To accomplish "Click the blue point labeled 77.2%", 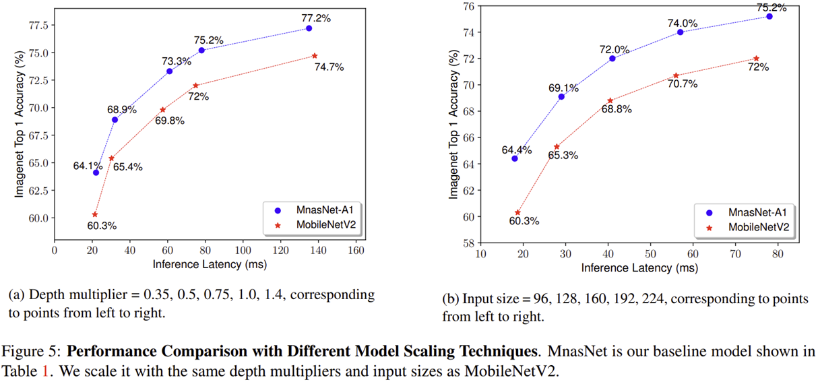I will click(x=309, y=28).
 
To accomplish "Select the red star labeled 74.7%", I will click(x=315, y=56).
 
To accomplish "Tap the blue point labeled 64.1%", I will click(x=96, y=172).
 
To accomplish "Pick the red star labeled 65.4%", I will click(x=111, y=158).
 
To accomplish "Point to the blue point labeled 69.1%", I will click(x=561, y=96).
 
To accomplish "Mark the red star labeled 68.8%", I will click(x=610, y=101).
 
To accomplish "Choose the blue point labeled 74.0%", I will click(x=680, y=32).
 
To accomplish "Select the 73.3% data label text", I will click(x=177, y=61).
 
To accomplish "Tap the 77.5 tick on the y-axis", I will click(x=37, y=26).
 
